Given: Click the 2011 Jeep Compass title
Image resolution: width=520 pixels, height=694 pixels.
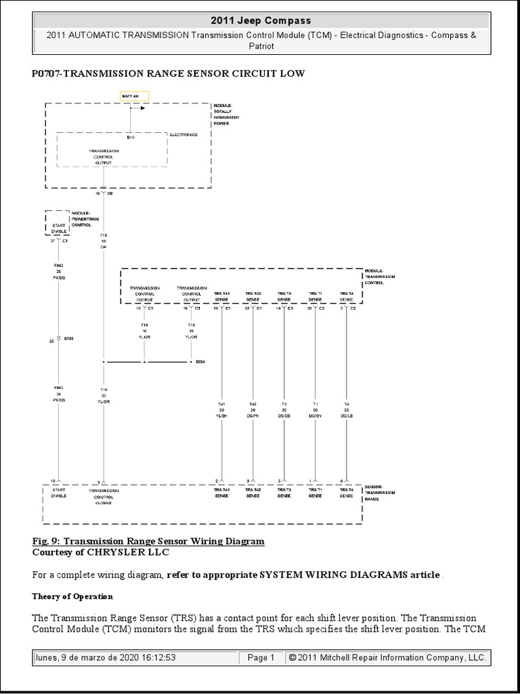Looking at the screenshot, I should (261, 21).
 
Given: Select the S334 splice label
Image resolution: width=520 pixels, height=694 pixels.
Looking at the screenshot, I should (200, 362).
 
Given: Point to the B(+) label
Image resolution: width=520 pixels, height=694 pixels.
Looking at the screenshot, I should (130, 138).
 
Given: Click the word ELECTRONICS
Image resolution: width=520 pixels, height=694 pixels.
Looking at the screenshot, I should (183, 135).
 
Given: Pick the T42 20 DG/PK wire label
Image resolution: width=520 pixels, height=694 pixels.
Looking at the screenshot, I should (253, 409).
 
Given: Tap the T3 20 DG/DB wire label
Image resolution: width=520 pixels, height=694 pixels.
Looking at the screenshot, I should (284, 409).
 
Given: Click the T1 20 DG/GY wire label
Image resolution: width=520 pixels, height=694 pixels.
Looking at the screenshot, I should (315, 409).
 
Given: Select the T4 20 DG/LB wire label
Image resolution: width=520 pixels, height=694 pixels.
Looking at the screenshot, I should (346, 409).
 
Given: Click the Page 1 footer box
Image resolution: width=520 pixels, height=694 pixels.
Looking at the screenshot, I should (261, 657).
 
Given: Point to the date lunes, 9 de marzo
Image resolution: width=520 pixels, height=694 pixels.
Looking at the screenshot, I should (105, 657).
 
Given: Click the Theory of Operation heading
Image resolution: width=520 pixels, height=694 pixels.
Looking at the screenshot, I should (72, 596).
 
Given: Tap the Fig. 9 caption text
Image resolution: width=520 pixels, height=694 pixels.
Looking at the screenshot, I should (148, 542).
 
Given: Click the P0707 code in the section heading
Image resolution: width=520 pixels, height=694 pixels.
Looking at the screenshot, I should (47, 73).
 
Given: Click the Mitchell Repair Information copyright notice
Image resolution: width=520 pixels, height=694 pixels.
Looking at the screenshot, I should (387, 657).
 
